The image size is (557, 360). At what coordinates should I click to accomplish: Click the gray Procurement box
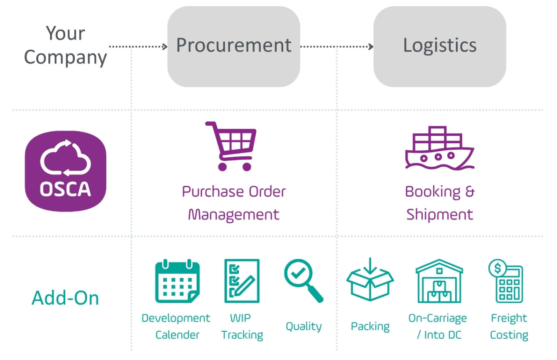234,46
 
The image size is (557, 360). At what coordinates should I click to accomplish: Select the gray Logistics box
440,46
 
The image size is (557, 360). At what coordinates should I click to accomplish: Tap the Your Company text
65,46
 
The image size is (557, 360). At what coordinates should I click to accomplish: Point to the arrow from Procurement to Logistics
336,46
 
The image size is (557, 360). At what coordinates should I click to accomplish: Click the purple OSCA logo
65,171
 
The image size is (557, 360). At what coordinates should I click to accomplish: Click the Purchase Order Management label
234,203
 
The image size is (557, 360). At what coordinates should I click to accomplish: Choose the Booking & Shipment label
440,203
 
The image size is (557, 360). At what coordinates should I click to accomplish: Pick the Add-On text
65,298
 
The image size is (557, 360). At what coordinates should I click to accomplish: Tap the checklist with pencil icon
242,281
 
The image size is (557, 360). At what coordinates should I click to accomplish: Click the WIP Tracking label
242,326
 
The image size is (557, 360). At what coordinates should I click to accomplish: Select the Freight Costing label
509,326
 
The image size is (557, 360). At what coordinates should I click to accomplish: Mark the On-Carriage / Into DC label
437,326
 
